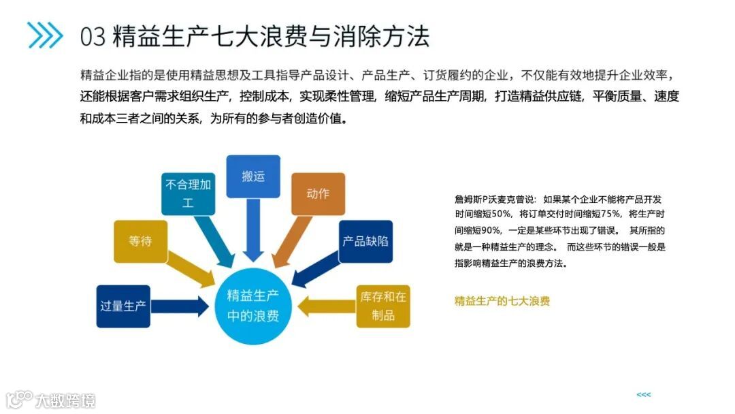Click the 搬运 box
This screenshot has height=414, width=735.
(x=252, y=176)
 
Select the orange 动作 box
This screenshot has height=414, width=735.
(x=318, y=193)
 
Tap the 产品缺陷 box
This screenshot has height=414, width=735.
(x=365, y=241)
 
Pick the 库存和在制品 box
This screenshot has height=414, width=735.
(x=383, y=306)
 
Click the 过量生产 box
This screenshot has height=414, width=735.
(x=122, y=306)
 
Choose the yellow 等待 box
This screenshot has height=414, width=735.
(x=140, y=241)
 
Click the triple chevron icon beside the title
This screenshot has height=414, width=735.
(x=45, y=35)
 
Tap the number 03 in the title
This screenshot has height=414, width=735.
(x=93, y=36)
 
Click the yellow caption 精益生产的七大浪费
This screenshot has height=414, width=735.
(x=502, y=300)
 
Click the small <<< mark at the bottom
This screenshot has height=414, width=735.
(x=643, y=395)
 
